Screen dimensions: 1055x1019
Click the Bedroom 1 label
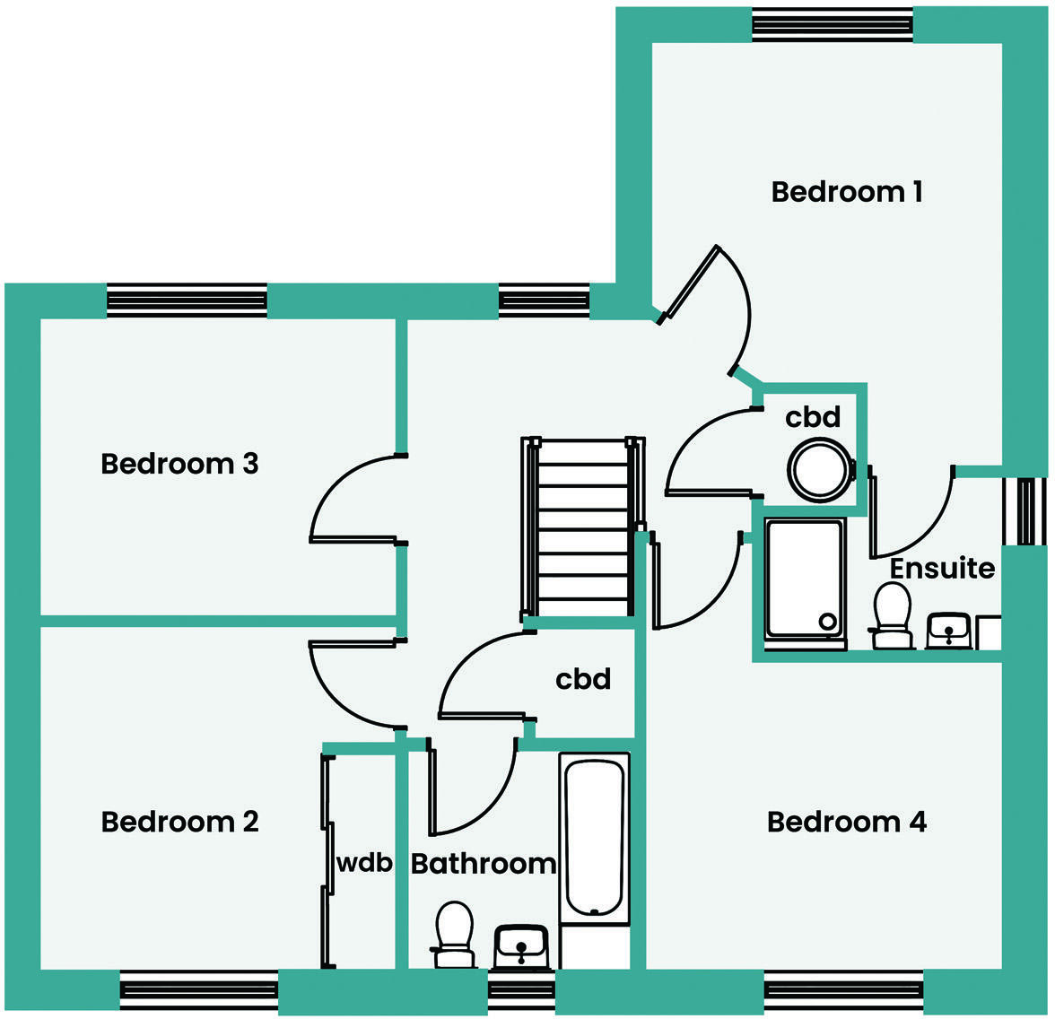click(847, 191)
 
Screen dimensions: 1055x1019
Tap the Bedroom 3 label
click(179, 464)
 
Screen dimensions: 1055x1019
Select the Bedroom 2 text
click(179, 822)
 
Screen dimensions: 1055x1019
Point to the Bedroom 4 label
click(847, 822)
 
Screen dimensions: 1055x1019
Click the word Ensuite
click(942, 569)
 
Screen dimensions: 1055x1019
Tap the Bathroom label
click(484, 864)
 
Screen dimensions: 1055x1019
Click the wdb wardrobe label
click(364, 863)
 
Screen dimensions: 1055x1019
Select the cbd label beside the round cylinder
click(813, 417)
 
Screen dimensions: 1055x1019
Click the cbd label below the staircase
click(583, 679)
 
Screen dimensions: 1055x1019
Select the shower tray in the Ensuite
click(804, 579)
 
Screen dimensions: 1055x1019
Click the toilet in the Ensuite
click(893, 615)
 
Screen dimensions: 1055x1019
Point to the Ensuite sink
click(949, 630)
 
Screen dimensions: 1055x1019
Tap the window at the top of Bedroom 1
click(832, 25)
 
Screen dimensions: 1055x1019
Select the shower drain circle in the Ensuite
click(828, 621)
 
